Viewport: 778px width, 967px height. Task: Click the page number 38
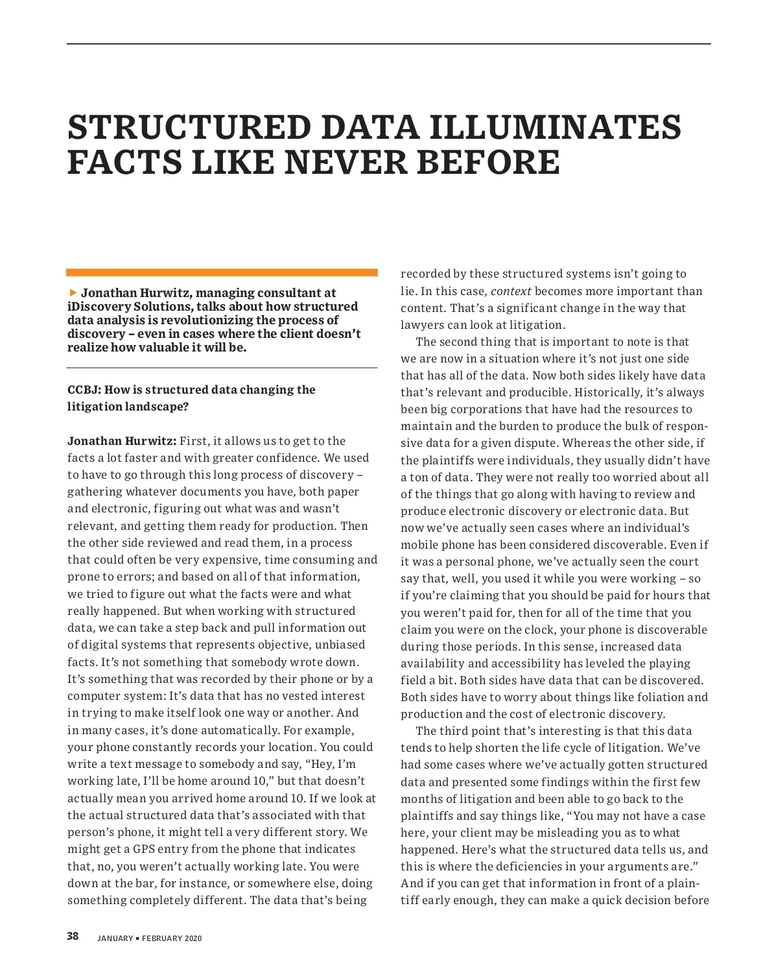click(x=73, y=936)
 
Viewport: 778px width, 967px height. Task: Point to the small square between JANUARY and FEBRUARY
click(x=137, y=938)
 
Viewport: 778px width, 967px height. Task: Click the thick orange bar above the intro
click(x=222, y=273)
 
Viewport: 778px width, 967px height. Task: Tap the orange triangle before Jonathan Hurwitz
click(x=73, y=292)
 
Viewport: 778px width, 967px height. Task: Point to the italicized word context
click(x=511, y=291)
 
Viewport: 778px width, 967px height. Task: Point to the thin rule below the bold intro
click(x=222, y=368)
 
